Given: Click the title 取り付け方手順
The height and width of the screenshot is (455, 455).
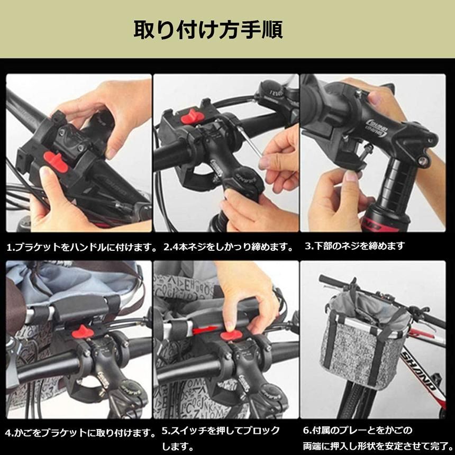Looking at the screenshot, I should coord(208,30).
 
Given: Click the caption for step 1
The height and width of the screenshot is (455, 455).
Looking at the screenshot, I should coord(83,247).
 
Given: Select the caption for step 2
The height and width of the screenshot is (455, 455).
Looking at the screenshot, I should coord(229,247).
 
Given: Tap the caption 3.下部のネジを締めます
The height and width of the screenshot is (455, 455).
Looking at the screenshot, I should coord(355,246).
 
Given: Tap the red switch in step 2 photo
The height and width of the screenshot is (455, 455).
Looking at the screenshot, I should coord(193,116).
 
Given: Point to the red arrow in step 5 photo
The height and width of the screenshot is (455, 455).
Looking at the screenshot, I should coord(201,332).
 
